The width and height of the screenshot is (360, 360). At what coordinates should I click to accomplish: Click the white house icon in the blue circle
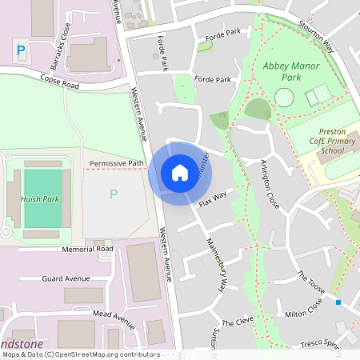click(x=180, y=173)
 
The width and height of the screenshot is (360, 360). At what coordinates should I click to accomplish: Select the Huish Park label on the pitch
click(x=41, y=197)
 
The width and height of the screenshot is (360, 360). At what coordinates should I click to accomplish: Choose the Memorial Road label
click(x=88, y=250)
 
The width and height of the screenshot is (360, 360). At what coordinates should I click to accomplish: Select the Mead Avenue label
click(x=112, y=318)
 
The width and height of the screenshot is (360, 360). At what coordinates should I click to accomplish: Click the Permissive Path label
click(x=116, y=163)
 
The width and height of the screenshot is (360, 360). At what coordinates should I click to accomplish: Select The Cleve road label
click(x=238, y=322)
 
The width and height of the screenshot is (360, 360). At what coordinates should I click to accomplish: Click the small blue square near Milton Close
click(x=339, y=302)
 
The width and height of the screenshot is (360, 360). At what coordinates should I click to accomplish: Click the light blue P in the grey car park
click(x=113, y=194)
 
